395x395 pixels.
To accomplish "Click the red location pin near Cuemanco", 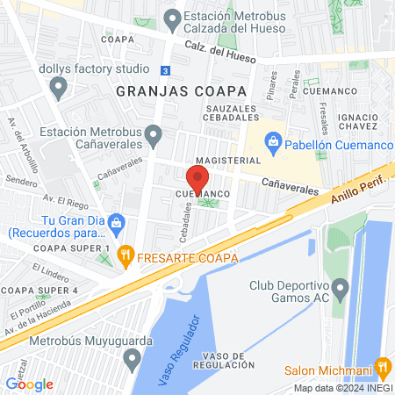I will tap(197, 178).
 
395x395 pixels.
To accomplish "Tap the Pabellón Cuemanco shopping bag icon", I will tap(273, 140).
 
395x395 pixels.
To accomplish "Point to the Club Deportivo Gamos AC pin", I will tap(341, 287).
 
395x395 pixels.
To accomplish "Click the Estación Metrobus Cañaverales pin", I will tap(154, 135).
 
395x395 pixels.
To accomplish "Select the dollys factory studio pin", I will tap(59, 86).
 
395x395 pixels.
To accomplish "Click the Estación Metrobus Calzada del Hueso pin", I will tap(173, 18).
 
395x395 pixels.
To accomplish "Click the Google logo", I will tap(29, 384).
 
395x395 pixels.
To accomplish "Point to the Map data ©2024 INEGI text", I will tap(342, 388).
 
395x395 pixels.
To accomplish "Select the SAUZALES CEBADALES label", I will tap(230, 113).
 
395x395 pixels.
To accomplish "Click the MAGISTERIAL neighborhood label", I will tap(227, 161).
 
